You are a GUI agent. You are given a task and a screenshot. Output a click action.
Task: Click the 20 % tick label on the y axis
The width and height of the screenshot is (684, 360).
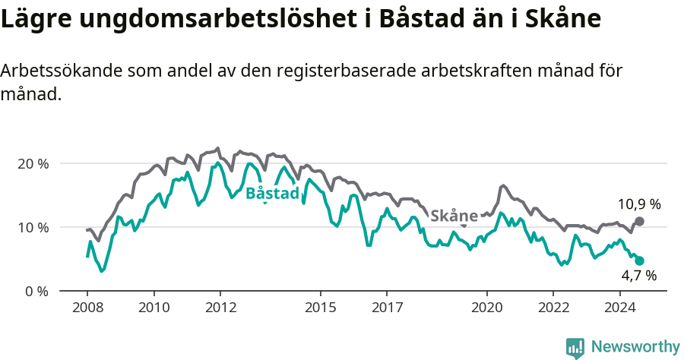(32, 163)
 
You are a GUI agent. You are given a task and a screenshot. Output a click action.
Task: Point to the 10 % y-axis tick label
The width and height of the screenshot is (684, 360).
(32, 227)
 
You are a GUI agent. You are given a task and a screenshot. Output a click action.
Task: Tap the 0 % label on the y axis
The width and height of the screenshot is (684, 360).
(36, 291)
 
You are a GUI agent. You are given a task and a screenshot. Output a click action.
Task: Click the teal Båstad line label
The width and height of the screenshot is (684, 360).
(272, 194)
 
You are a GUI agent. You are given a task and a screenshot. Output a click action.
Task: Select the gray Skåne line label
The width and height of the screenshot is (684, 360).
(454, 216)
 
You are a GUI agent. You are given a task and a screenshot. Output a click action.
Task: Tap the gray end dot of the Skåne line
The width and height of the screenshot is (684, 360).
(640, 221)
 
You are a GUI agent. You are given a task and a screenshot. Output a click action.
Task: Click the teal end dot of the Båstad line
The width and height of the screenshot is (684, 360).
(640, 261)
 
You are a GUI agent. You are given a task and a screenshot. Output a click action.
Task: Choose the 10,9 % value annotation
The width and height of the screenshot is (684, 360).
(638, 204)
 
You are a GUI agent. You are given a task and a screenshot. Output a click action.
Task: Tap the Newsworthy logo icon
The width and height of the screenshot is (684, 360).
(575, 347)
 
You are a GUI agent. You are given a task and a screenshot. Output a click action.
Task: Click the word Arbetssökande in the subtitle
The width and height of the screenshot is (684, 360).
(61, 71)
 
